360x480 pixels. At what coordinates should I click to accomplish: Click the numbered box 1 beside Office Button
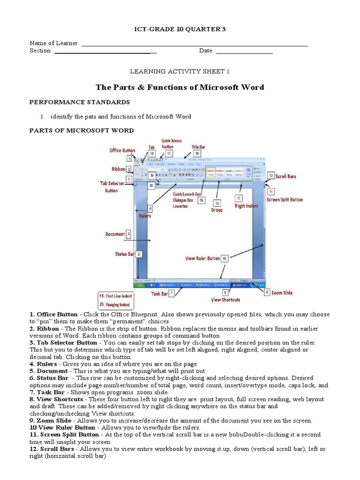coord(129,159)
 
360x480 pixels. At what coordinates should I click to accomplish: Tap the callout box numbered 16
coord(197,153)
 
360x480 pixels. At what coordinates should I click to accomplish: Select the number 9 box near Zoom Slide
coord(266,292)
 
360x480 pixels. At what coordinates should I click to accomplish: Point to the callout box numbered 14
coord(217,203)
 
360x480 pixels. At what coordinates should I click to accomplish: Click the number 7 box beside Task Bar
coord(172,293)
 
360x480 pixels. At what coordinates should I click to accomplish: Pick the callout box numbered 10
coord(225,258)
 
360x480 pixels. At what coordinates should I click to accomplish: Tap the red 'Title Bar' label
coord(198,147)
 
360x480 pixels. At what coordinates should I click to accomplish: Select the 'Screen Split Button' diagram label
coord(285,200)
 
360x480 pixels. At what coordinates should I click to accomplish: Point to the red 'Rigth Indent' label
coord(247,205)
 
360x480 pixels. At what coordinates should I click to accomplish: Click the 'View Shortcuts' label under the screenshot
coord(225,300)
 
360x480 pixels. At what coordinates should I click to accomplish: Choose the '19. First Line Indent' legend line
coord(115,296)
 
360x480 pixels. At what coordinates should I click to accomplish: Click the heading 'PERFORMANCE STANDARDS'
coord(79,102)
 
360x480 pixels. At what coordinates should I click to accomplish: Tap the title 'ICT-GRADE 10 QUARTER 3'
coord(180,29)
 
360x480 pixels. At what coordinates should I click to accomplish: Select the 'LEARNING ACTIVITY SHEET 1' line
coord(180,71)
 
